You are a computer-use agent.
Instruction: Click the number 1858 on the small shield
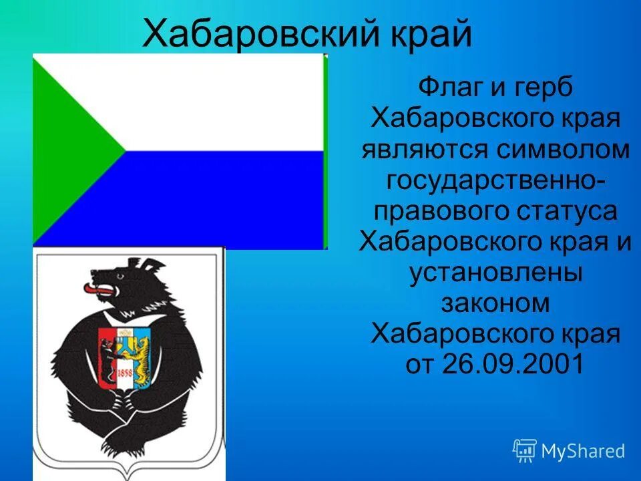(x=124, y=372)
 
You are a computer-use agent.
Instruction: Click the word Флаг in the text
(x=445, y=88)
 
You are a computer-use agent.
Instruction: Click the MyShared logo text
(x=583, y=451)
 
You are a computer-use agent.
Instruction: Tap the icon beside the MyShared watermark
(x=525, y=451)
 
